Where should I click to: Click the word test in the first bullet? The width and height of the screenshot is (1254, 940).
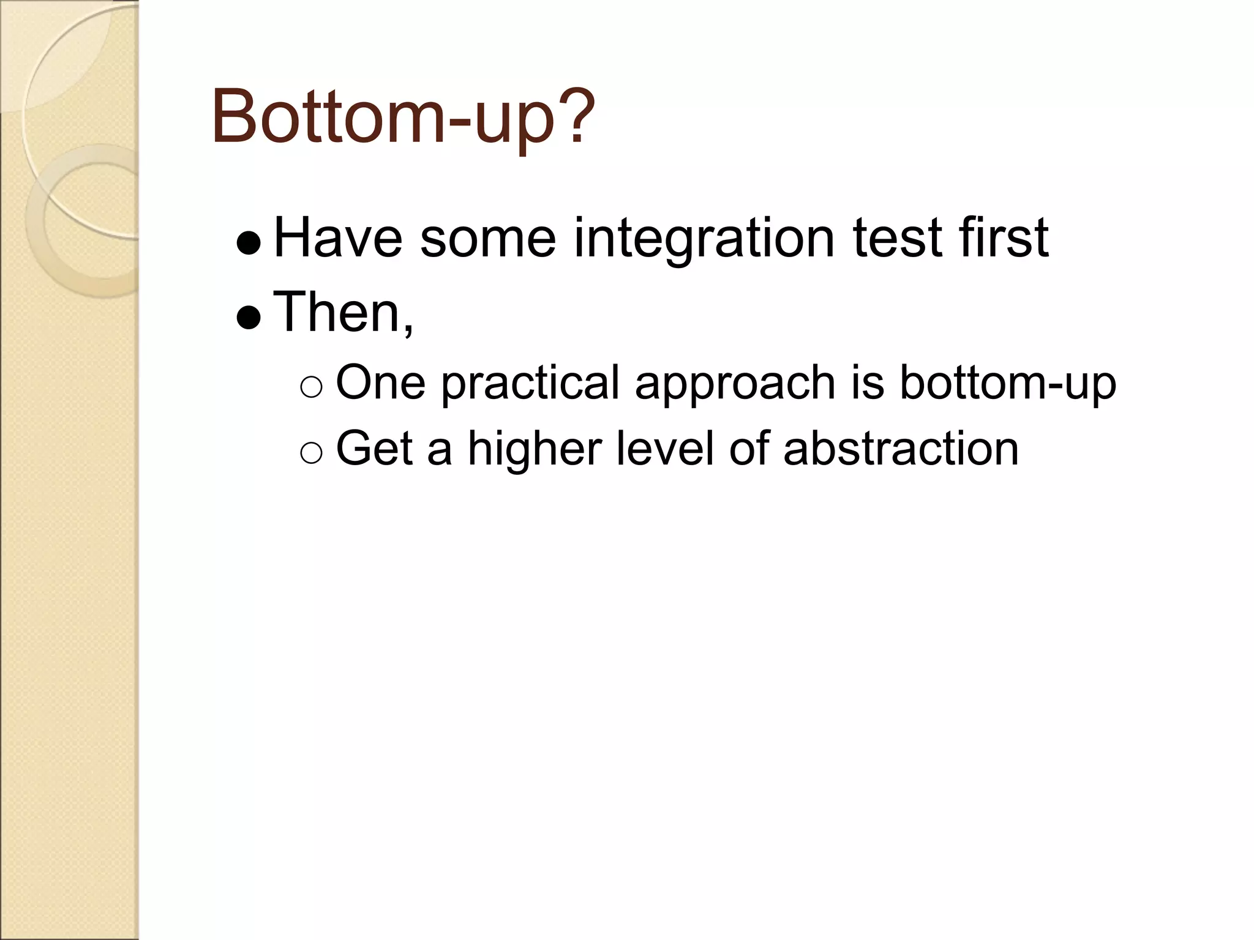[x=897, y=239]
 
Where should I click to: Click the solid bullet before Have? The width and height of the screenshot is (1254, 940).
[x=249, y=244]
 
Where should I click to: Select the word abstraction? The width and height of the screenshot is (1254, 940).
[x=901, y=449]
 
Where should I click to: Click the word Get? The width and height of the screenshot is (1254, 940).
[x=374, y=449]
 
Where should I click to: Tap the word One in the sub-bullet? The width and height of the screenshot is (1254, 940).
[x=380, y=383]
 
